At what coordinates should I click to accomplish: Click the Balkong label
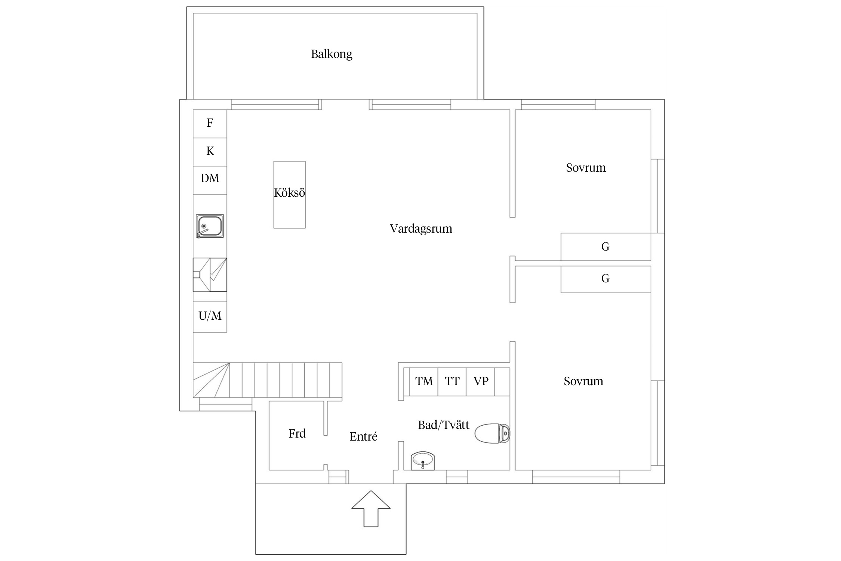332,54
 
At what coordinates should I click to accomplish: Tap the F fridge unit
210,124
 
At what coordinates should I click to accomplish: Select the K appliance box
210,152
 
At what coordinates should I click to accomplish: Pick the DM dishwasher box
210,180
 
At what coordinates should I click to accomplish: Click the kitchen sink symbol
210,226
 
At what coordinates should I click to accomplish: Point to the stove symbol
210,275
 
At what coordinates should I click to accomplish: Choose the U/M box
210,317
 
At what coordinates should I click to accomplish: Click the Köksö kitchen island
290,195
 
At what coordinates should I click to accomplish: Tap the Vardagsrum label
421,229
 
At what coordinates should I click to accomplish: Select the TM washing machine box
424,381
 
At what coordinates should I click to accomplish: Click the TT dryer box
452,381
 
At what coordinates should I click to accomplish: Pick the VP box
481,381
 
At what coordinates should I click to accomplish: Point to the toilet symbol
492,434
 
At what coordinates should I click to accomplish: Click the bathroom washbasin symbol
423,461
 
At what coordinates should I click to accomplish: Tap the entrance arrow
371,509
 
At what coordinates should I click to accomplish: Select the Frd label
297,433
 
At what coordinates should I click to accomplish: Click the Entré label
363,436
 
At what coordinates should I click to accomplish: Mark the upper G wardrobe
606,247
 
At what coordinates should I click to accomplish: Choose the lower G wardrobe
606,279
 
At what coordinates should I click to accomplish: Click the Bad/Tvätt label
444,425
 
